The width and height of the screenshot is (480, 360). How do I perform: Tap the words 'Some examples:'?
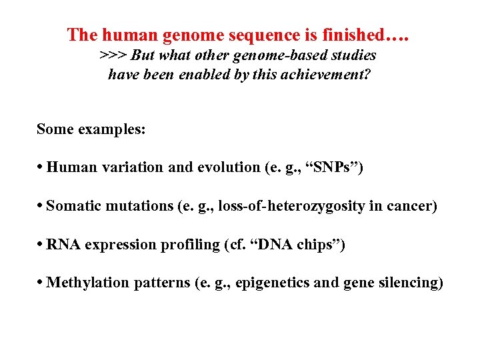(x=91, y=129)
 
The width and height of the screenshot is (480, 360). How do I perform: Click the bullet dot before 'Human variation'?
(x=41, y=168)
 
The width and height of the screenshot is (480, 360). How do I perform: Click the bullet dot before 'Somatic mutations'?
(x=41, y=207)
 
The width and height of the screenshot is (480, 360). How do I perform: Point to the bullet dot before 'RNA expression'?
(x=41, y=245)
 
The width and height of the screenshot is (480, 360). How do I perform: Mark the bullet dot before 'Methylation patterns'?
(x=41, y=283)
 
